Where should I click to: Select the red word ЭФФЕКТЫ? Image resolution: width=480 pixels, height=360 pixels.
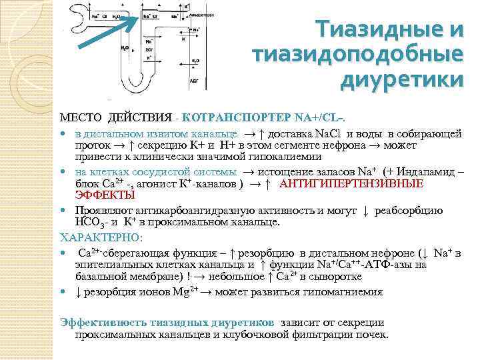(104, 195)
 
